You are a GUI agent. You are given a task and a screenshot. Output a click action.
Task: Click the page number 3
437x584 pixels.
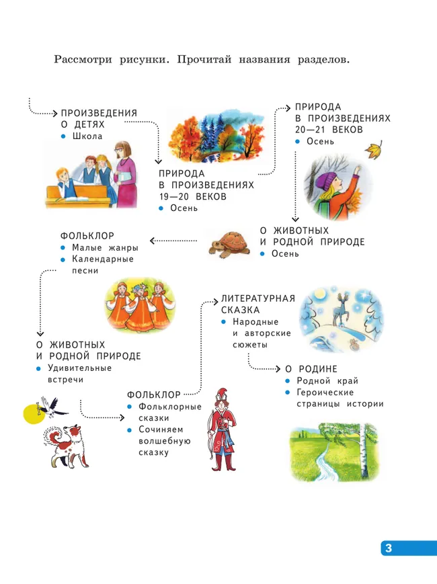coord(389,548)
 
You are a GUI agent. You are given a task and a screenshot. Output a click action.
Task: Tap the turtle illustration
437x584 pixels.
coord(229,245)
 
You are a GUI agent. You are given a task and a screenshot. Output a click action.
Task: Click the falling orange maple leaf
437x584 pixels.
coord(374,149)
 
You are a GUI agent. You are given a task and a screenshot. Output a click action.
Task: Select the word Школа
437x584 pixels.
coord(87,136)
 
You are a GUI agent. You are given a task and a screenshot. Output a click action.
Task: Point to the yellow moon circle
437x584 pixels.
coord(34,413)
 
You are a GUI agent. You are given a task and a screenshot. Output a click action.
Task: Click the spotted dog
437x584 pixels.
coord(67,446)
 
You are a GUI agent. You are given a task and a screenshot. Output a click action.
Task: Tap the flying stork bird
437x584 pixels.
coord(52,407)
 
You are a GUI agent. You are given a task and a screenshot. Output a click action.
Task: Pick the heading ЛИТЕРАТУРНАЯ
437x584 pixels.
coord(257,298)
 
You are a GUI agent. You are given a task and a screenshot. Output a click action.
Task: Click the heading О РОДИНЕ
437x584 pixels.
coord(311,369)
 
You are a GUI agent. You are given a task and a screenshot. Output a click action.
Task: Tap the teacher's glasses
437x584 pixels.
coord(120,150)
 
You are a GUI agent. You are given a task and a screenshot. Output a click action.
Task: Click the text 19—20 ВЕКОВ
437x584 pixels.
coord(192,197)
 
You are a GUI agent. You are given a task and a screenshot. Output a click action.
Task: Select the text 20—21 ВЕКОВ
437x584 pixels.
coord(329,130)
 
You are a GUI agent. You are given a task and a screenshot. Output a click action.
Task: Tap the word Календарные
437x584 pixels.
coord(103,259)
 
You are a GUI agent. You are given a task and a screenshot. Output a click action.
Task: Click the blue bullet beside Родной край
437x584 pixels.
coord(288,381)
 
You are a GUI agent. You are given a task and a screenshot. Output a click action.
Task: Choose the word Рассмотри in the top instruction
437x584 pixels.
coord(83,60)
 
